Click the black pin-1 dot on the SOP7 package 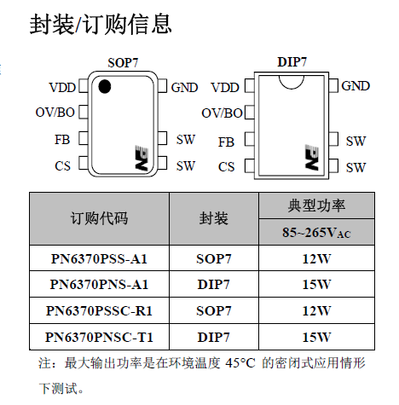click(x=104, y=86)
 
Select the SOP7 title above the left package click(x=123, y=63)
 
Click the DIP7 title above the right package click(x=292, y=62)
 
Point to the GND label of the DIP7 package click(x=356, y=86)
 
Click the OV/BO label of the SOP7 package click(x=55, y=113)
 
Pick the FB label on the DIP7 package click(x=226, y=142)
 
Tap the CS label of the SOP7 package click(x=62, y=166)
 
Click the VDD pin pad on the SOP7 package click(x=84, y=86)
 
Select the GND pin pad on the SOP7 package click(x=162, y=86)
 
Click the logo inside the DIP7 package click(x=312, y=158)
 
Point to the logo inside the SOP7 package click(x=142, y=159)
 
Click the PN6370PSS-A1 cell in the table click(x=99, y=258)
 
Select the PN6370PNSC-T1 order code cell click(x=99, y=337)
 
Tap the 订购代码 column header click(x=99, y=218)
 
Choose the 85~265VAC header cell click(x=316, y=232)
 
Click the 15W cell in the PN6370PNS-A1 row click(x=316, y=284)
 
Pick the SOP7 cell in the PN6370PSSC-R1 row click(x=214, y=310)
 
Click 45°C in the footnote click(x=240, y=363)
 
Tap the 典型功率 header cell click(x=316, y=205)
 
